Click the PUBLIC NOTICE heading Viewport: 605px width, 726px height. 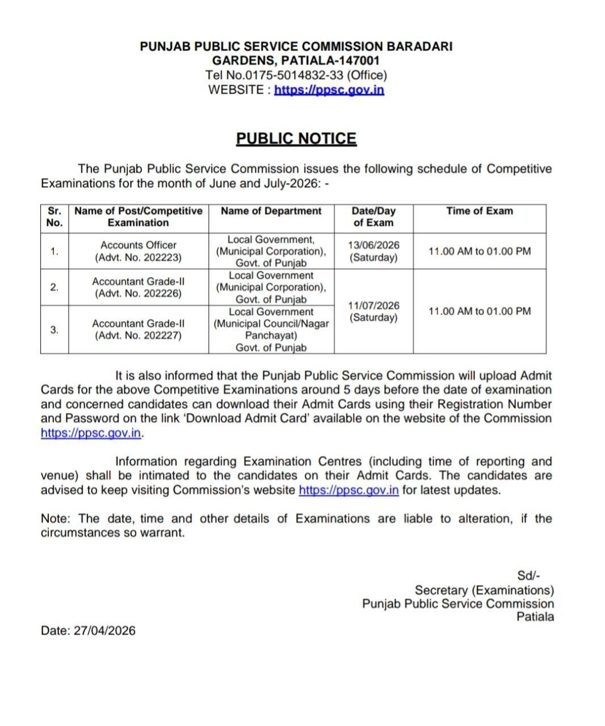[x=296, y=139]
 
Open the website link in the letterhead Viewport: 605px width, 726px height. [x=329, y=90]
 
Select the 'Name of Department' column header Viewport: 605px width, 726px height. [x=271, y=211]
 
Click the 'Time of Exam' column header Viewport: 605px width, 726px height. [x=479, y=211]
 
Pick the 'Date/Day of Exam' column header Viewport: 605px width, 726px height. [x=373, y=217]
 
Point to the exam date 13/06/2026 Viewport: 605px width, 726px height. [x=373, y=245]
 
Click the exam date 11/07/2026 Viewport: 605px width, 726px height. [x=373, y=305]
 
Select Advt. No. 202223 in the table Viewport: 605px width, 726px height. [x=138, y=258]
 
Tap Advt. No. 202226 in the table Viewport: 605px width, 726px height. [x=138, y=294]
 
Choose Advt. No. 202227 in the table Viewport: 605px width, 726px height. [x=138, y=336]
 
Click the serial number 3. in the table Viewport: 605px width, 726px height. [x=54, y=330]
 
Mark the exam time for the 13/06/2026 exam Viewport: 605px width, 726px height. [x=479, y=251]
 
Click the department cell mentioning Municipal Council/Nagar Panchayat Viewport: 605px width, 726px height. [x=271, y=330]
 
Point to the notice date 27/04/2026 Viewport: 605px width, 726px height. [x=104, y=631]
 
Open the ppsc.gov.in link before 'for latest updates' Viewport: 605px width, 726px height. [x=348, y=490]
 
